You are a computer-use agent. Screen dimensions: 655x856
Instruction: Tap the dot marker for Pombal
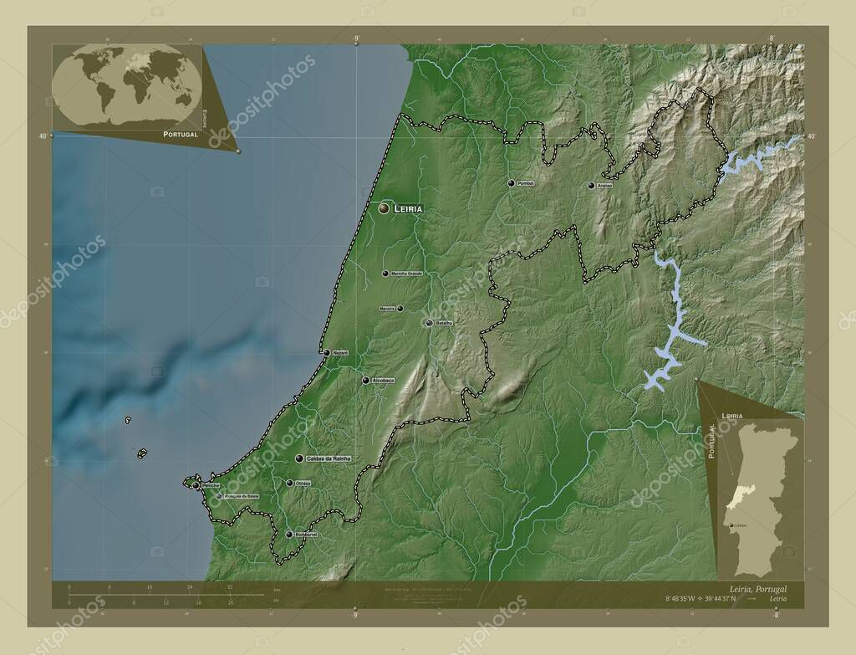[x=511, y=183]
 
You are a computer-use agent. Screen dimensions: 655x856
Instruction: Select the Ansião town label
[x=605, y=186]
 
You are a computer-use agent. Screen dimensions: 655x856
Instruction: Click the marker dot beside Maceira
[x=400, y=309]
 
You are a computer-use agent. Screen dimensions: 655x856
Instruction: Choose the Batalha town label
[x=444, y=323]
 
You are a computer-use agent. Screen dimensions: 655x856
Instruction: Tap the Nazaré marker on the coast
[x=326, y=353]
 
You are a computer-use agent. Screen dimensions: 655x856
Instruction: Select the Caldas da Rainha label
[x=329, y=458]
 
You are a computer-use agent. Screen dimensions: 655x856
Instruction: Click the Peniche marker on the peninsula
[x=195, y=485]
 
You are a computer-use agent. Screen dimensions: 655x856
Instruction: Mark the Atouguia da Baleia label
[x=242, y=496]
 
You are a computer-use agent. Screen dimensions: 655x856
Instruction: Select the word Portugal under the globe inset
[x=181, y=134]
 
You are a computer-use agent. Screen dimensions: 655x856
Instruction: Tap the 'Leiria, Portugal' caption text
[x=757, y=589]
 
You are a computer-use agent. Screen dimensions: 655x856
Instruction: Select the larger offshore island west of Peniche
[x=142, y=454]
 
